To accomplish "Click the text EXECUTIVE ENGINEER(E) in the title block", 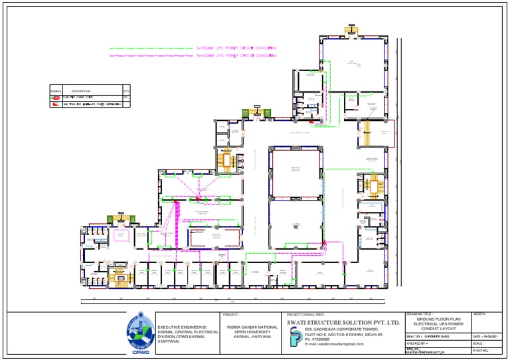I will [x=182, y=327].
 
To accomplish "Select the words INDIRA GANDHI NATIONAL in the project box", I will [x=252, y=327].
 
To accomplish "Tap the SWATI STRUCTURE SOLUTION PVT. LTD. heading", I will [x=343, y=322].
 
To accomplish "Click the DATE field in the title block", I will [x=487, y=337].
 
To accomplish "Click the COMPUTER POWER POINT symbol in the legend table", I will [x=56, y=98].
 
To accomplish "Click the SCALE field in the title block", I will [x=487, y=343].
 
